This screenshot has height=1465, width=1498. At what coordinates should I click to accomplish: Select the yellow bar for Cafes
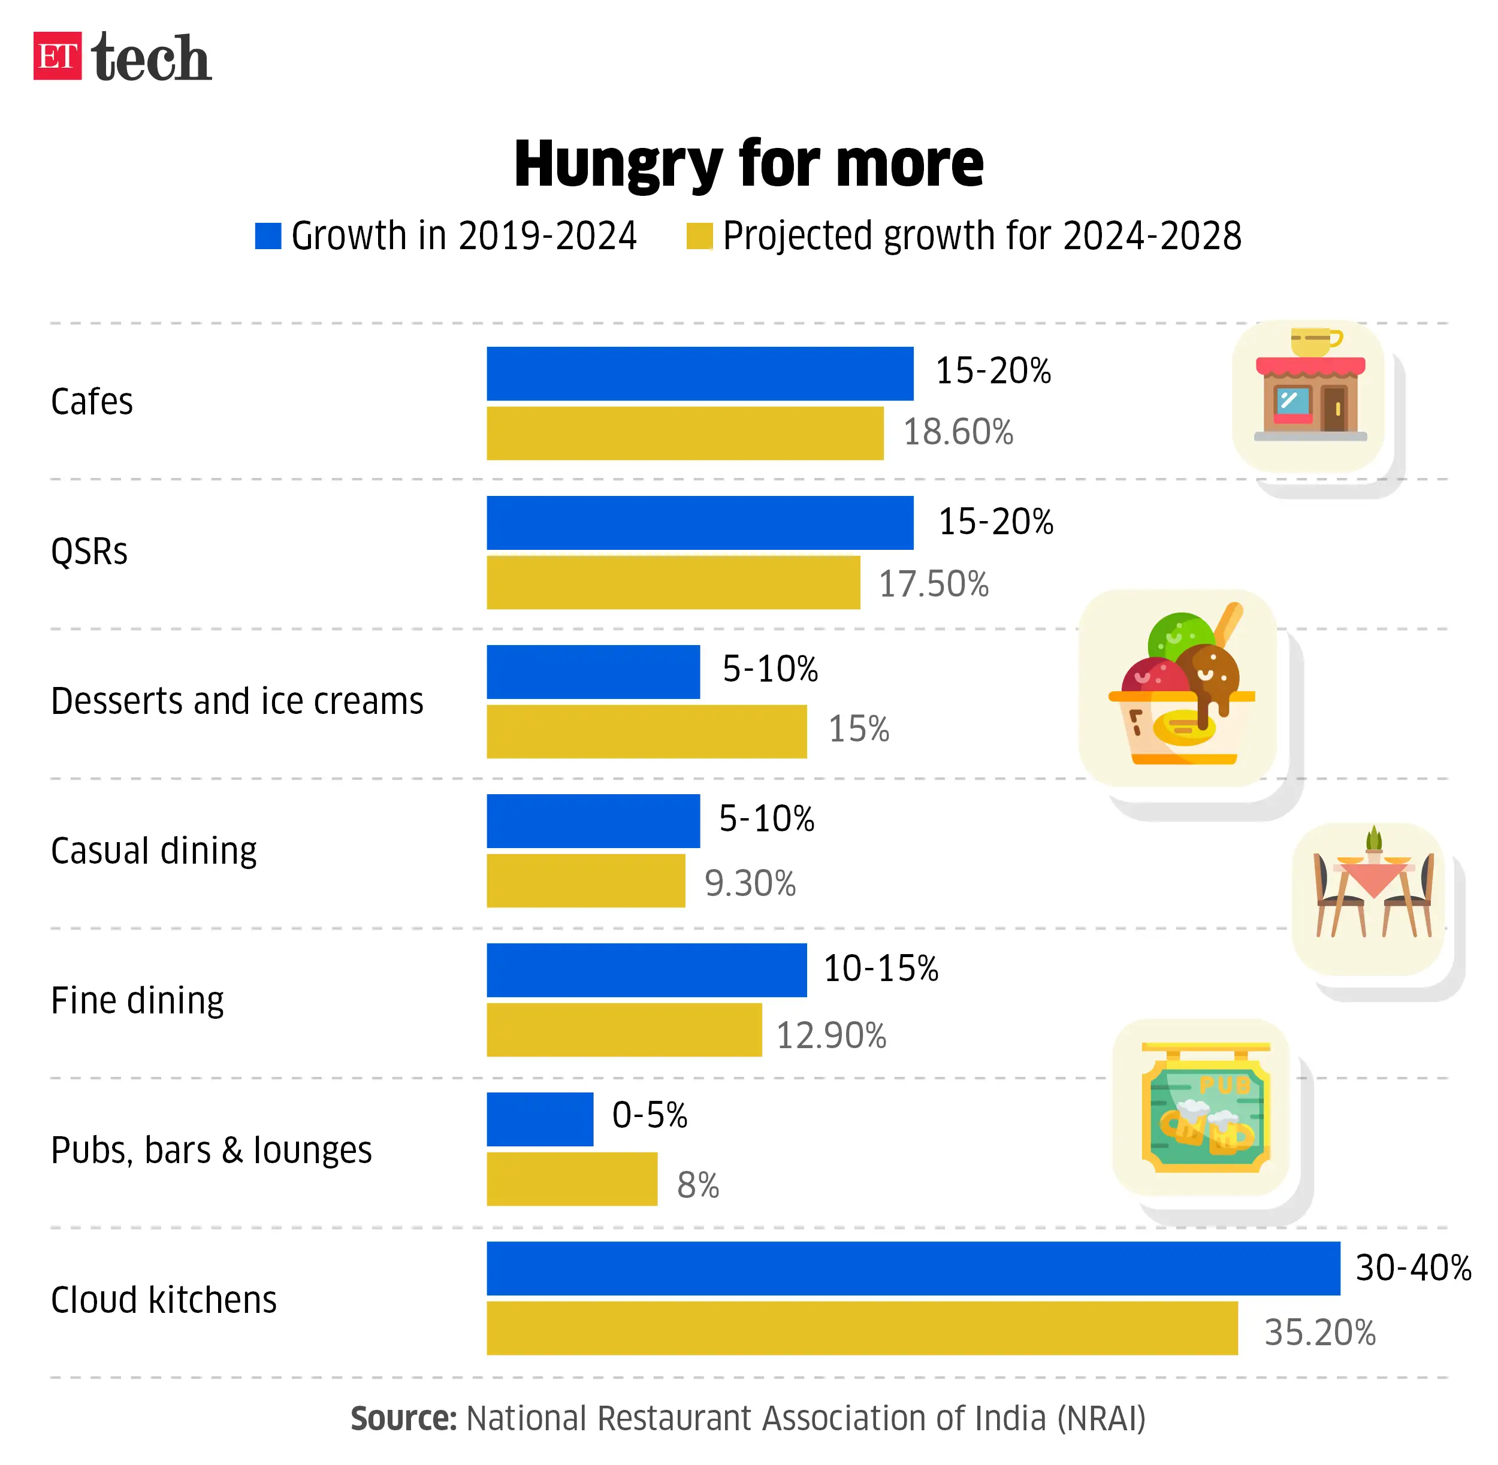pyautogui.click(x=684, y=433)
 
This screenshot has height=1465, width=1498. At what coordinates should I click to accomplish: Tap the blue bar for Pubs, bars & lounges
pyautogui.click(x=540, y=1119)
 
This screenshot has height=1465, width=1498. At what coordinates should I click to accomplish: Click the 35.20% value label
pyautogui.click(x=1319, y=1332)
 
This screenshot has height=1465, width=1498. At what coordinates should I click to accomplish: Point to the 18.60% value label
pyautogui.click(x=958, y=432)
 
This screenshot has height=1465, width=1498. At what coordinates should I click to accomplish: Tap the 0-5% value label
pyautogui.click(x=649, y=1115)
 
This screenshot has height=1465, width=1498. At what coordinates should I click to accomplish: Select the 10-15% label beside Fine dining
pyautogui.click(x=881, y=968)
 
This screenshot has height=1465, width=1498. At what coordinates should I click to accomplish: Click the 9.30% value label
pyautogui.click(x=750, y=883)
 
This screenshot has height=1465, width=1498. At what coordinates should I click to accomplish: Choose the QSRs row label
pyautogui.click(x=89, y=552)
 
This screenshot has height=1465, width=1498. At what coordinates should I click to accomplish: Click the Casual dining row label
pyautogui.click(x=153, y=851)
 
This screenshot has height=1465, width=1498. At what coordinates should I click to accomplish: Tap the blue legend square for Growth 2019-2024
pyautogui.click(x=268, y=236)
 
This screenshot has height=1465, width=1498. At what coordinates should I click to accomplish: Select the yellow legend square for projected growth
pyautogui.click(x=699, y=236)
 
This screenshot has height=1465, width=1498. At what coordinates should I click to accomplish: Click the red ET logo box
pyautogui.click(x=57, y=56)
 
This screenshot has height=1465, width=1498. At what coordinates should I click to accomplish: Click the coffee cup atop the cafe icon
pyautogui.click(x=1315, y=341)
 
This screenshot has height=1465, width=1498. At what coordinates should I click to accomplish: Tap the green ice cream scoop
pyautogui.click(x=1179, y=635)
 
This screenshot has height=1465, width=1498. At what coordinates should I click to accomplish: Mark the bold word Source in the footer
pyautogui.click(x=403, y=1418)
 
